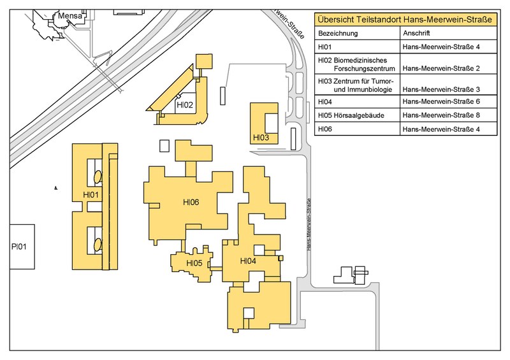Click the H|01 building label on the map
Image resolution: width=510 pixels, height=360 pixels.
point(91,195)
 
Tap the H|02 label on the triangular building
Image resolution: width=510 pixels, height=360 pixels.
point(185,104)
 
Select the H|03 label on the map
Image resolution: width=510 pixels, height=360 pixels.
point(261,138)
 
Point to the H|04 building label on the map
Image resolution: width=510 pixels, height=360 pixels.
point(248,261)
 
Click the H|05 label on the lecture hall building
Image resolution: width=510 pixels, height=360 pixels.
point(194,263)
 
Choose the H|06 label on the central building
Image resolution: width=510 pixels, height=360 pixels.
point(191,202)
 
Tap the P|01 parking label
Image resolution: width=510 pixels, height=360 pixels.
point(19,247)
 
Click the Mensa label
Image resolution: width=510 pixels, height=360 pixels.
point(70,15)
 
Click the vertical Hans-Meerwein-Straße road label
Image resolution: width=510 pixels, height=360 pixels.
point(309,224)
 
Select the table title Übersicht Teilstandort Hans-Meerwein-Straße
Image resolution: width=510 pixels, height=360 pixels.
point(405,20)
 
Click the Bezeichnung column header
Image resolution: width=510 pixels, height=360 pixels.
point(338,33)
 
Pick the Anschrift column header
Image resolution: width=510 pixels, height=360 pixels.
point(416,33)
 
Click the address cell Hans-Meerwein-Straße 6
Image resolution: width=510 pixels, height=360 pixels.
point(441,101)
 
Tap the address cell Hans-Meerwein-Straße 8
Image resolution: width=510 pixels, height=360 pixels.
point(441,115)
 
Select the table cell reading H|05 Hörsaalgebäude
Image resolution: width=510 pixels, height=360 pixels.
point(351,115)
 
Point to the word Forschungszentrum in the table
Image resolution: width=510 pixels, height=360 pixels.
point(364,69)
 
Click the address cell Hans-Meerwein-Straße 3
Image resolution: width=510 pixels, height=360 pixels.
point(441,89)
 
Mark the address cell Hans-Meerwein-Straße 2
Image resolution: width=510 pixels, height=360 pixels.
point(441,68)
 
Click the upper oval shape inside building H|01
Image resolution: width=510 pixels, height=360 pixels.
point(98,177)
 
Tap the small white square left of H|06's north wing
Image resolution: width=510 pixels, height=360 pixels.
point(164,146)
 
